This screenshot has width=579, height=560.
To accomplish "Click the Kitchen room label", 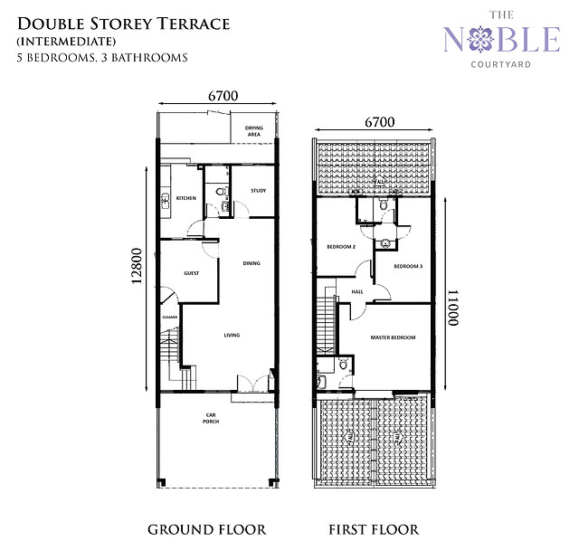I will click(186, 198).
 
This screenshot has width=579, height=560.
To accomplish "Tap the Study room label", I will click(258, 190).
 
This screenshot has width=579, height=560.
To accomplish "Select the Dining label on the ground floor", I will click(251, 263).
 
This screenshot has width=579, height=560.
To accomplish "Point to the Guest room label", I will click(191, 272).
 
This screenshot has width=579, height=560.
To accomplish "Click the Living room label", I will click(233, 336).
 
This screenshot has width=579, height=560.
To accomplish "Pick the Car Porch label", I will click(211, 419).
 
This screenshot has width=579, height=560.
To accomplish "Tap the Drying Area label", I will click(254, 131).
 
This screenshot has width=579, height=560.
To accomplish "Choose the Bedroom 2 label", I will click(340, 246).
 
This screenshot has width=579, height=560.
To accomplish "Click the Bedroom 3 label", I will click(409, 266).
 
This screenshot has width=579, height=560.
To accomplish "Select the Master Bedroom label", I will click(393, 337).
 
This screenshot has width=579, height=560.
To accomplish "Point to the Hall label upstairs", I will click(356, 291).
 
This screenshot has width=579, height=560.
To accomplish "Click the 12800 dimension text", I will click(136, 271).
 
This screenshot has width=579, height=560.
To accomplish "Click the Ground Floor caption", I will click(206, 529).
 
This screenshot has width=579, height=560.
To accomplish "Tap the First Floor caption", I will click(374, 529).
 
